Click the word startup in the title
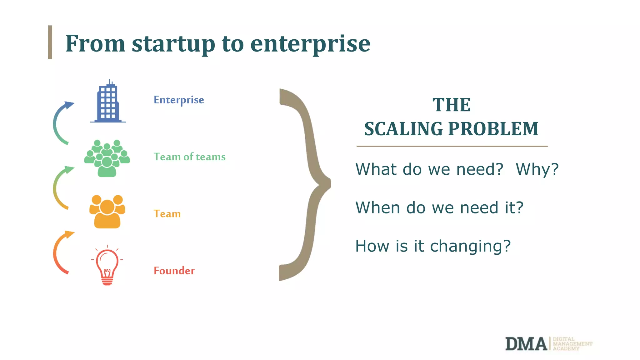[x=173, y=44]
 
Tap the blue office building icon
[x=108, y=102]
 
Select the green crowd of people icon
[x=107, y=158]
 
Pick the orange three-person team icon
[x=107, y=212]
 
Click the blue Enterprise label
[x=179, y=100]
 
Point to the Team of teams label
[x=189, y=157]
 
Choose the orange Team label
[x=167, y=214]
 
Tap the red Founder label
[x=174, y=271]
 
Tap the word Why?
[x=537, y=169]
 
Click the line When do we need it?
[x=439, y=208]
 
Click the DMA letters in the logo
[x=526, y=344]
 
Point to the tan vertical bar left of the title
[x=50, y=42]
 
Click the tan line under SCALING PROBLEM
[x=452, y=146]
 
